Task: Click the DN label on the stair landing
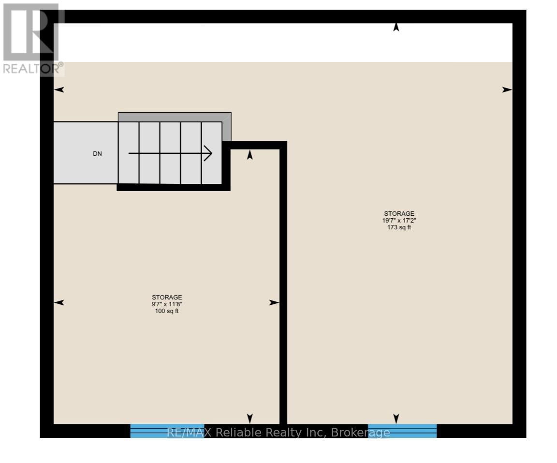coord(98,154)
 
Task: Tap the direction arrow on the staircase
coord(170,154)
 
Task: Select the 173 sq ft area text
coord(399,227)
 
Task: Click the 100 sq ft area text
coord(167,311)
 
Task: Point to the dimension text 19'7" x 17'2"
coord(399,221)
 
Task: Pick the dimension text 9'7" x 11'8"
coord(167,304)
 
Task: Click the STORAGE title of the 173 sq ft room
coord(399,213)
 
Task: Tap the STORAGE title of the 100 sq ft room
coord(167,297)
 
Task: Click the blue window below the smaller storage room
coord(167,431)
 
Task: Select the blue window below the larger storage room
coord(402,431)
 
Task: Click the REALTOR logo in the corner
coord(32,39)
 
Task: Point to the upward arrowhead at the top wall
coord(396,28)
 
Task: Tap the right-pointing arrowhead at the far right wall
coord(507,90)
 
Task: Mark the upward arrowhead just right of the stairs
coord(250,155)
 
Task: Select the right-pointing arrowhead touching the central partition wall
coord(274,302)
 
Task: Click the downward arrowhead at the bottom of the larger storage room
coord(396,418)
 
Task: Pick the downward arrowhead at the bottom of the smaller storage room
coord(250,418)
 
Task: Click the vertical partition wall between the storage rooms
coord(283,290)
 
